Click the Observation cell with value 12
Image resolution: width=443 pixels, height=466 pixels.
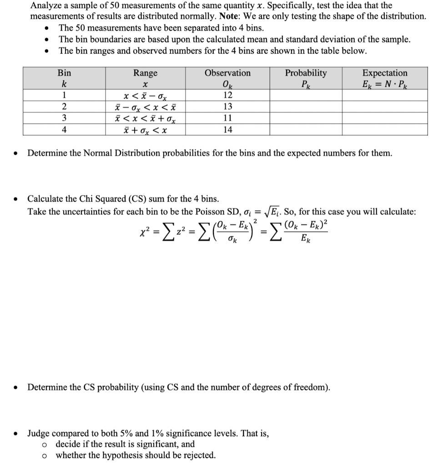227,95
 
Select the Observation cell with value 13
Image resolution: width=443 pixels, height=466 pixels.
227,106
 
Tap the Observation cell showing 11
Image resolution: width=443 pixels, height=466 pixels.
227,118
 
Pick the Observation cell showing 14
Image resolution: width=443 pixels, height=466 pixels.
227,130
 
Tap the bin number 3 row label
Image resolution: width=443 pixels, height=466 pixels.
64,118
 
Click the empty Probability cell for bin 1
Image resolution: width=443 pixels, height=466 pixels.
305,95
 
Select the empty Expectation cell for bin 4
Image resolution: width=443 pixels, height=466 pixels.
385,130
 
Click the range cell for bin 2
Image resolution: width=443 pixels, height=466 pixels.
145,107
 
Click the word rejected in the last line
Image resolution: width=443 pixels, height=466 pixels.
198,455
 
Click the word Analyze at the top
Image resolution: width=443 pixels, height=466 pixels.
46,5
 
